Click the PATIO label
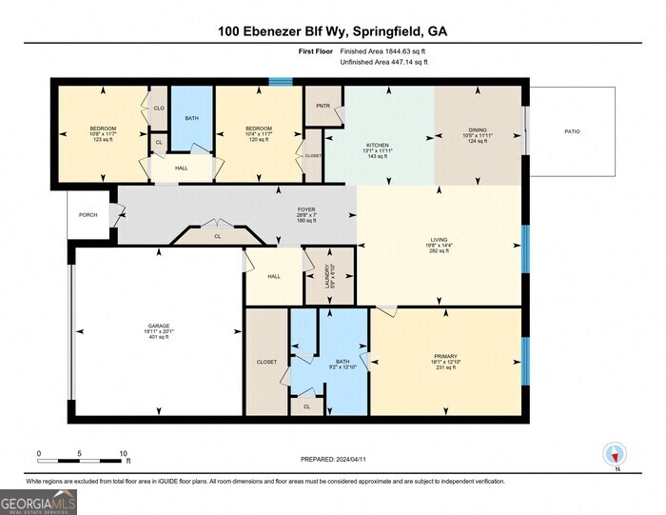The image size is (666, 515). point(572,131)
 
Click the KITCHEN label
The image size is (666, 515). point(378,146)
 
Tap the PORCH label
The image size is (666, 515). point(88,214)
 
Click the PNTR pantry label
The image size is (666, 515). point(323,106)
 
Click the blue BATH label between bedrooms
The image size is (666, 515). point(191,118)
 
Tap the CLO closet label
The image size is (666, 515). point(159,109)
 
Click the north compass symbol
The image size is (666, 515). point(615,454)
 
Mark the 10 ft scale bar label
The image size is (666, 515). point(124,453)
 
